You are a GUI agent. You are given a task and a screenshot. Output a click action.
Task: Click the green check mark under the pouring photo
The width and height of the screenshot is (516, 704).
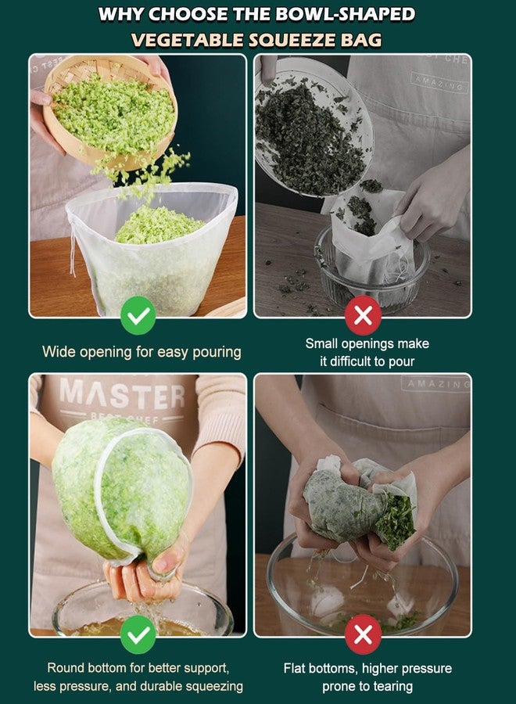coord(138,315)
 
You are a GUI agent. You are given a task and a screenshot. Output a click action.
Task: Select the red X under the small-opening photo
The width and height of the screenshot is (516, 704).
coord(363,315)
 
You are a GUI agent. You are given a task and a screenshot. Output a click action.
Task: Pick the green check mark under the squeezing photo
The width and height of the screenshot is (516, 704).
coord(138,634)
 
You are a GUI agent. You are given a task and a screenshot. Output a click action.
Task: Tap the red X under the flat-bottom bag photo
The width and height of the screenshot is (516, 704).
coord(363,634)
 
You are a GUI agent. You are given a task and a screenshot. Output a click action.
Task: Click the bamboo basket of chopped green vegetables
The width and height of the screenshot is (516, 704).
coord(110,112)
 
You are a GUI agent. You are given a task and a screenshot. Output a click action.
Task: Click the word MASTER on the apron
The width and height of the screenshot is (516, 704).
coord(122,393)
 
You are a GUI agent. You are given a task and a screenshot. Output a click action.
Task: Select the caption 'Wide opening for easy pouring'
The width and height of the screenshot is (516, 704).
coord(142,352)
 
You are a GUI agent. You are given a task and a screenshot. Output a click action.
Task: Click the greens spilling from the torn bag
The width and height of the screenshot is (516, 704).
coord(395,521)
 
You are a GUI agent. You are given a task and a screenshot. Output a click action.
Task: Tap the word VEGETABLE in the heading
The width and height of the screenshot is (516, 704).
coord(188,40)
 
